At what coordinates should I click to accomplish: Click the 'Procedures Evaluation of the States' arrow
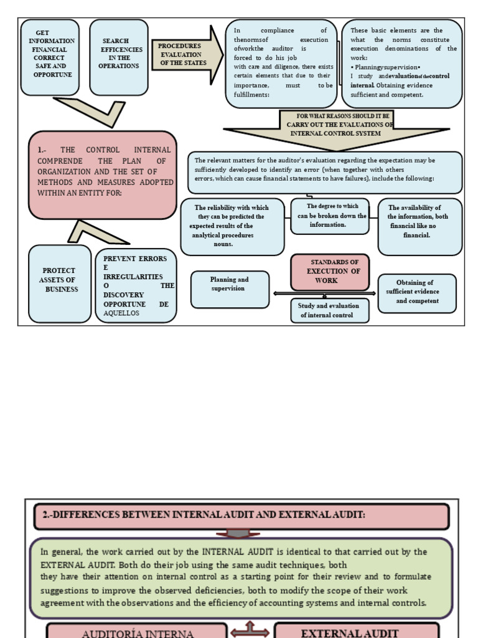point(187,55)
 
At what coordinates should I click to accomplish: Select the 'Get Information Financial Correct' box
point(50,57)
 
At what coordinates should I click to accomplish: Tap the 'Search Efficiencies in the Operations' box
point(119,57)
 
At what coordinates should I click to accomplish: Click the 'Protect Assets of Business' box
point(60,283)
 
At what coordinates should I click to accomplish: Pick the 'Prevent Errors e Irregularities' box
point(136,285)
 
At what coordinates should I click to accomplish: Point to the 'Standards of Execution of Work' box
point(330,272)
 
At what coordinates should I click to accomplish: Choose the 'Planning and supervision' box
point(230,289)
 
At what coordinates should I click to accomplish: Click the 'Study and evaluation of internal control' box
point(330,310)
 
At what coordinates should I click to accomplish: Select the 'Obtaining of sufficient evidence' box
point(417,293)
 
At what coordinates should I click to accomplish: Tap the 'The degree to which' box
point(330,216)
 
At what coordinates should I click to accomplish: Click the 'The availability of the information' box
point(420,227)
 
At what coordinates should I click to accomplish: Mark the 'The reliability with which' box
point(233,227)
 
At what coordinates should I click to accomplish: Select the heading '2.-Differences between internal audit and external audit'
point(241,517)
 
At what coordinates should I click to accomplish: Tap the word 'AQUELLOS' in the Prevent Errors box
point(121,313)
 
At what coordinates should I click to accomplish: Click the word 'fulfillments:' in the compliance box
point(251,95)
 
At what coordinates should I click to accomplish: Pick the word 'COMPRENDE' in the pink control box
point(60,161)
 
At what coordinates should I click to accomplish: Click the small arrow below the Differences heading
point(238,533)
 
